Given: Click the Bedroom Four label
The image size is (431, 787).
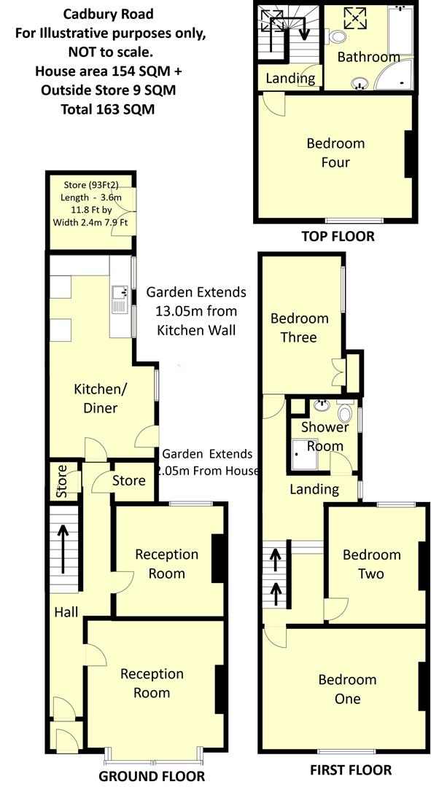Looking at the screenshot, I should pyautogui.click(x=335, y=152).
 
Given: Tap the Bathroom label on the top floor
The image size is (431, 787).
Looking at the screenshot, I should pyautogui.click(x=368, y=56).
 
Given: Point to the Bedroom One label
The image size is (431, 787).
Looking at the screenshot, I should pyautogui.click(x=347, y=689).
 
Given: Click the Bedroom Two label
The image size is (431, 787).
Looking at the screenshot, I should pyautogui.click(x=372, y=564).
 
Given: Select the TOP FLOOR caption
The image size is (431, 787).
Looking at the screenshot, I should pyautogui.click(x=338, y=236).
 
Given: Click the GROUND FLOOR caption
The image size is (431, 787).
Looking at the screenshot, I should pyautogui.click(x=152, y=775).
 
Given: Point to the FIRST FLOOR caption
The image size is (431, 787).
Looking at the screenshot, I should pyautogui.click(x=350, y=770).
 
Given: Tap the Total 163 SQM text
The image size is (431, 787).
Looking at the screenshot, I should pyautogui.click(x=107, y=109).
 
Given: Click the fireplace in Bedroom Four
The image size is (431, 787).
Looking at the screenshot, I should pyautogui.click(x=409, y=153).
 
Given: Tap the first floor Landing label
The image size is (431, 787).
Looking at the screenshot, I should pyautogui.click(x=314, y=489).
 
